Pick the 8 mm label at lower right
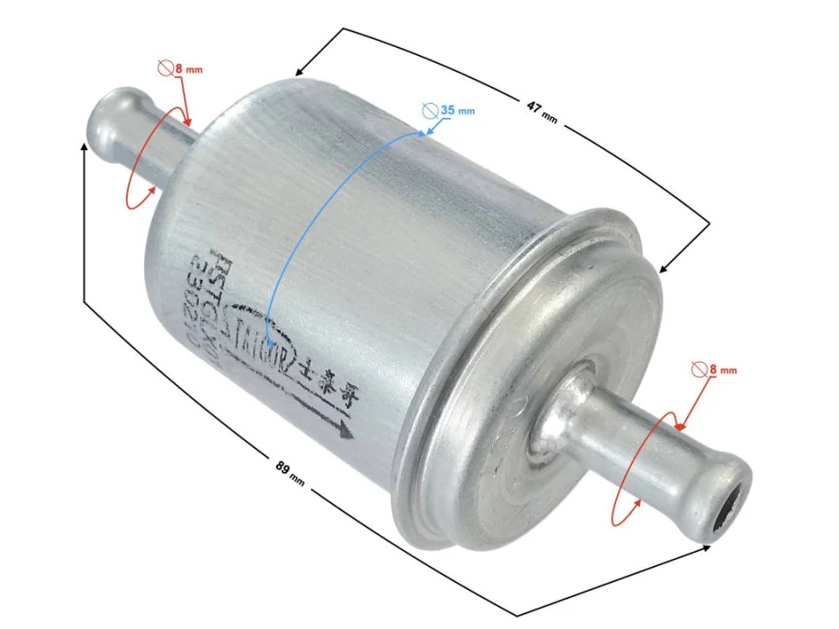[x=723, y=370]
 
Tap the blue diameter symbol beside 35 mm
[x=429, y=111]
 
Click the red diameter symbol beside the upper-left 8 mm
[x=166, y=66]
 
